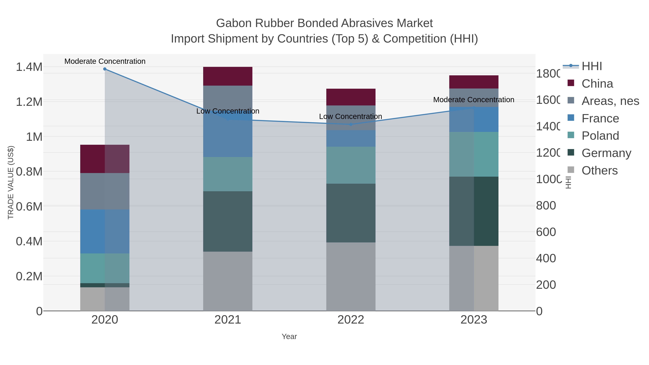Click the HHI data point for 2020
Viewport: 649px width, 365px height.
coord(105,69)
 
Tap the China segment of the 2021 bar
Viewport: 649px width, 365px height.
coord(228,76)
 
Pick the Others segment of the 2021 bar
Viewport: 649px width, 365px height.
coord(228,281)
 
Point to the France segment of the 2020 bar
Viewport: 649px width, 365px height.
coord(105,231)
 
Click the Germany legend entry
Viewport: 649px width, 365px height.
coord(606,153)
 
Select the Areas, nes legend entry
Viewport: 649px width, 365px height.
coord(610,101)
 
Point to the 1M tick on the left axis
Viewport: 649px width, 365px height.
coord(34,137)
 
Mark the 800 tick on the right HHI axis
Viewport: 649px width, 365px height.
coord(546,205)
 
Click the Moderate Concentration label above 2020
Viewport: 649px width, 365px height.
coord(105,61)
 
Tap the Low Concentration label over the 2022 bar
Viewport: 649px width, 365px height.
coord(350,117)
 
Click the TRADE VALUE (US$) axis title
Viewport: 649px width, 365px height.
coord(11,182)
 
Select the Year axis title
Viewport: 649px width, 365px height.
coord(289,337)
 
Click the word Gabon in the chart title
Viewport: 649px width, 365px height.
coord(233,23)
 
